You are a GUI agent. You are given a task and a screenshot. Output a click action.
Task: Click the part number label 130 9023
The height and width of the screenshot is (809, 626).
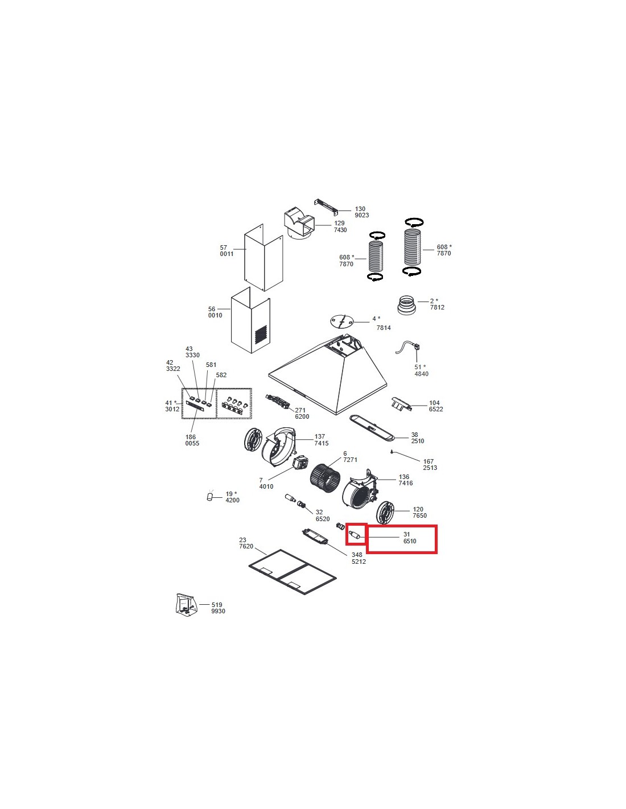tap(361, 212)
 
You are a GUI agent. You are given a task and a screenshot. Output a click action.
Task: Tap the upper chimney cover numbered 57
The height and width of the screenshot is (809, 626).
tap(263, 258)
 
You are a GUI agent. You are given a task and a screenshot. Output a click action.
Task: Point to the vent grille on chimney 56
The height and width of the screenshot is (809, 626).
tap(261, 335)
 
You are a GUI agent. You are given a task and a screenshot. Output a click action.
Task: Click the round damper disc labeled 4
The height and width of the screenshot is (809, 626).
tap(341, 321)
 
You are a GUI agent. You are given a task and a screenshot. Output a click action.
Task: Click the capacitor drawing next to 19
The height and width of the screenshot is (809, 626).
tap(211, 496)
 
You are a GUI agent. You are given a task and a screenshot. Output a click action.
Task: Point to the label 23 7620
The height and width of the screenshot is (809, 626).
tap(246, 543)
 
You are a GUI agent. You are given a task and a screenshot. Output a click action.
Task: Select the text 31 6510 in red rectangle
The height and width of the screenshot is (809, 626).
tap(409, 538)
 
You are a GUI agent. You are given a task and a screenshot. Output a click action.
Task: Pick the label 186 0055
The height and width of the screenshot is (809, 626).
tap(192, 440)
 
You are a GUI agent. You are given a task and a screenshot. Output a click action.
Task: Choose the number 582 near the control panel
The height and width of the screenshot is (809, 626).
tap(221, 375)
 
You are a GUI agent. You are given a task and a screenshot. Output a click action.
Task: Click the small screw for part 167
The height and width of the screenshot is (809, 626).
tap(392, 452)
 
